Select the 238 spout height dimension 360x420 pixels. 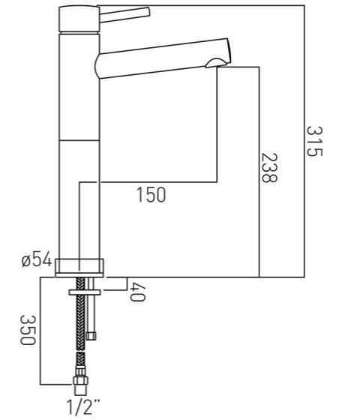268,169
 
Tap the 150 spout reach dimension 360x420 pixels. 151,196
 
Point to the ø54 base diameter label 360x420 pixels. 36,260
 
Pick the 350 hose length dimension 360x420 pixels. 25,330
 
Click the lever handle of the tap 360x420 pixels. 124,13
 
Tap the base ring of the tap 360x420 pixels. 79,264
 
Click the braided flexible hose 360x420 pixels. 78,330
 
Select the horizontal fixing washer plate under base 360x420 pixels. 83,288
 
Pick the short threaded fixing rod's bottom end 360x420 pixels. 91,334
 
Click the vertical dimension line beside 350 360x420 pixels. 40,330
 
